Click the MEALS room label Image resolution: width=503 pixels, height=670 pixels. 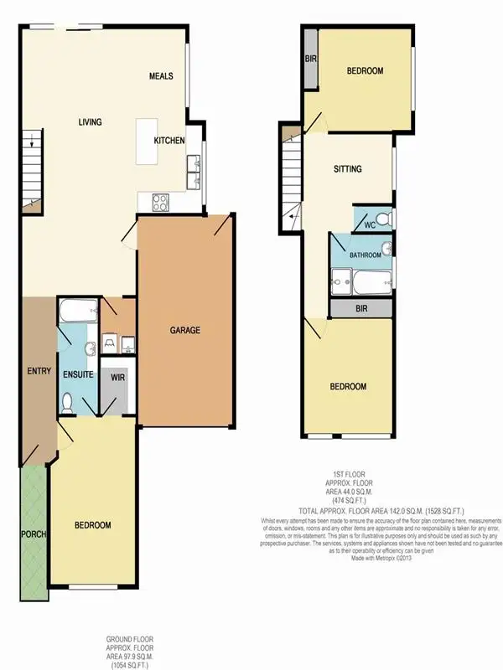tap(161, 76)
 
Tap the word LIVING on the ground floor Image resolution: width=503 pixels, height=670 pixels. tap(90, 122)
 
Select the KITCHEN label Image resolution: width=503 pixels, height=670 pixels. tap(169, 142)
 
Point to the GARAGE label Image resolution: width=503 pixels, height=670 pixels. tap(185, 330)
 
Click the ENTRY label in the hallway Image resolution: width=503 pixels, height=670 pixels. tap(39, 371)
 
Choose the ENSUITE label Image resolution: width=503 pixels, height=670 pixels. tap(77, 374)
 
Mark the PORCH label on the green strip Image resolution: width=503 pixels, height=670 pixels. tap(34, 534)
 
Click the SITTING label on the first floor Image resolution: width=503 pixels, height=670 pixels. tap(347, 169)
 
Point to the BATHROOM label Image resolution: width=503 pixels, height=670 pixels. tap(366, 255)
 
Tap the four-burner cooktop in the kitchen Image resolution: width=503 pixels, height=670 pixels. tap(158, 201)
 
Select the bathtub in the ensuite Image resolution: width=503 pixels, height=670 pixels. tap(77, 312)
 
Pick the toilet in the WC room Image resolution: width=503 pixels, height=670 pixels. tap(382, 219)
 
